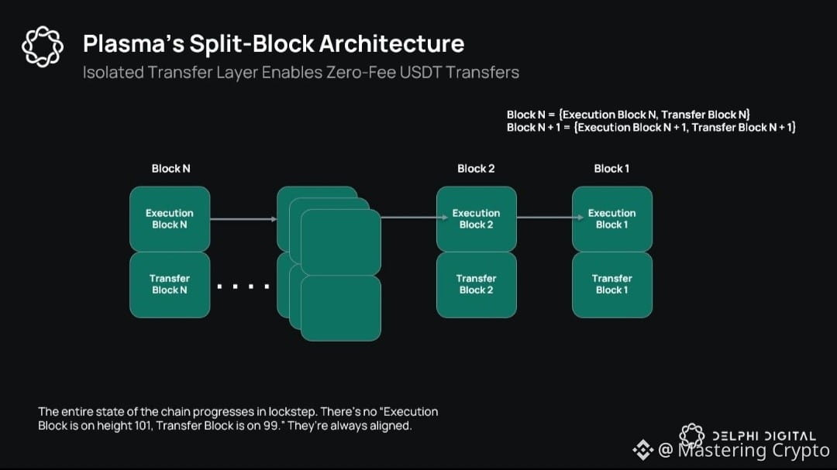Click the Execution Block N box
pyautogui.click(x=169, y=219)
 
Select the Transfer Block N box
pyautogui.click(x=169, y=284)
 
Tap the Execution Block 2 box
pyautogui.click(x=476, y=219)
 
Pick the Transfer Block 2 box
pyautogui.click(x=476, y=284)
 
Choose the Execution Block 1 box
pyautogui.click(x=611, y=219)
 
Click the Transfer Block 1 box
pyautogui.click(x=611, y=284)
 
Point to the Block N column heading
pyautogui.click(x=170, y=169)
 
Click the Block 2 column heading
pyautogui.click(x=476, y=169)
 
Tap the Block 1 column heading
pyautogui.click(x=611, y=169)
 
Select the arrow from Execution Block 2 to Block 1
pyautogui.click(x=544, y=218)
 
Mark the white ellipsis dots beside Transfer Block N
pyautogui.click(x=243, y=287)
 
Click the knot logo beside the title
pyautogui.click(x=42, y=46)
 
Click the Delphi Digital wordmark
pyautogui.click(x=763, y=436)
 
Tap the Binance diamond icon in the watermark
pyautogui.click(x=642, y=449)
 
